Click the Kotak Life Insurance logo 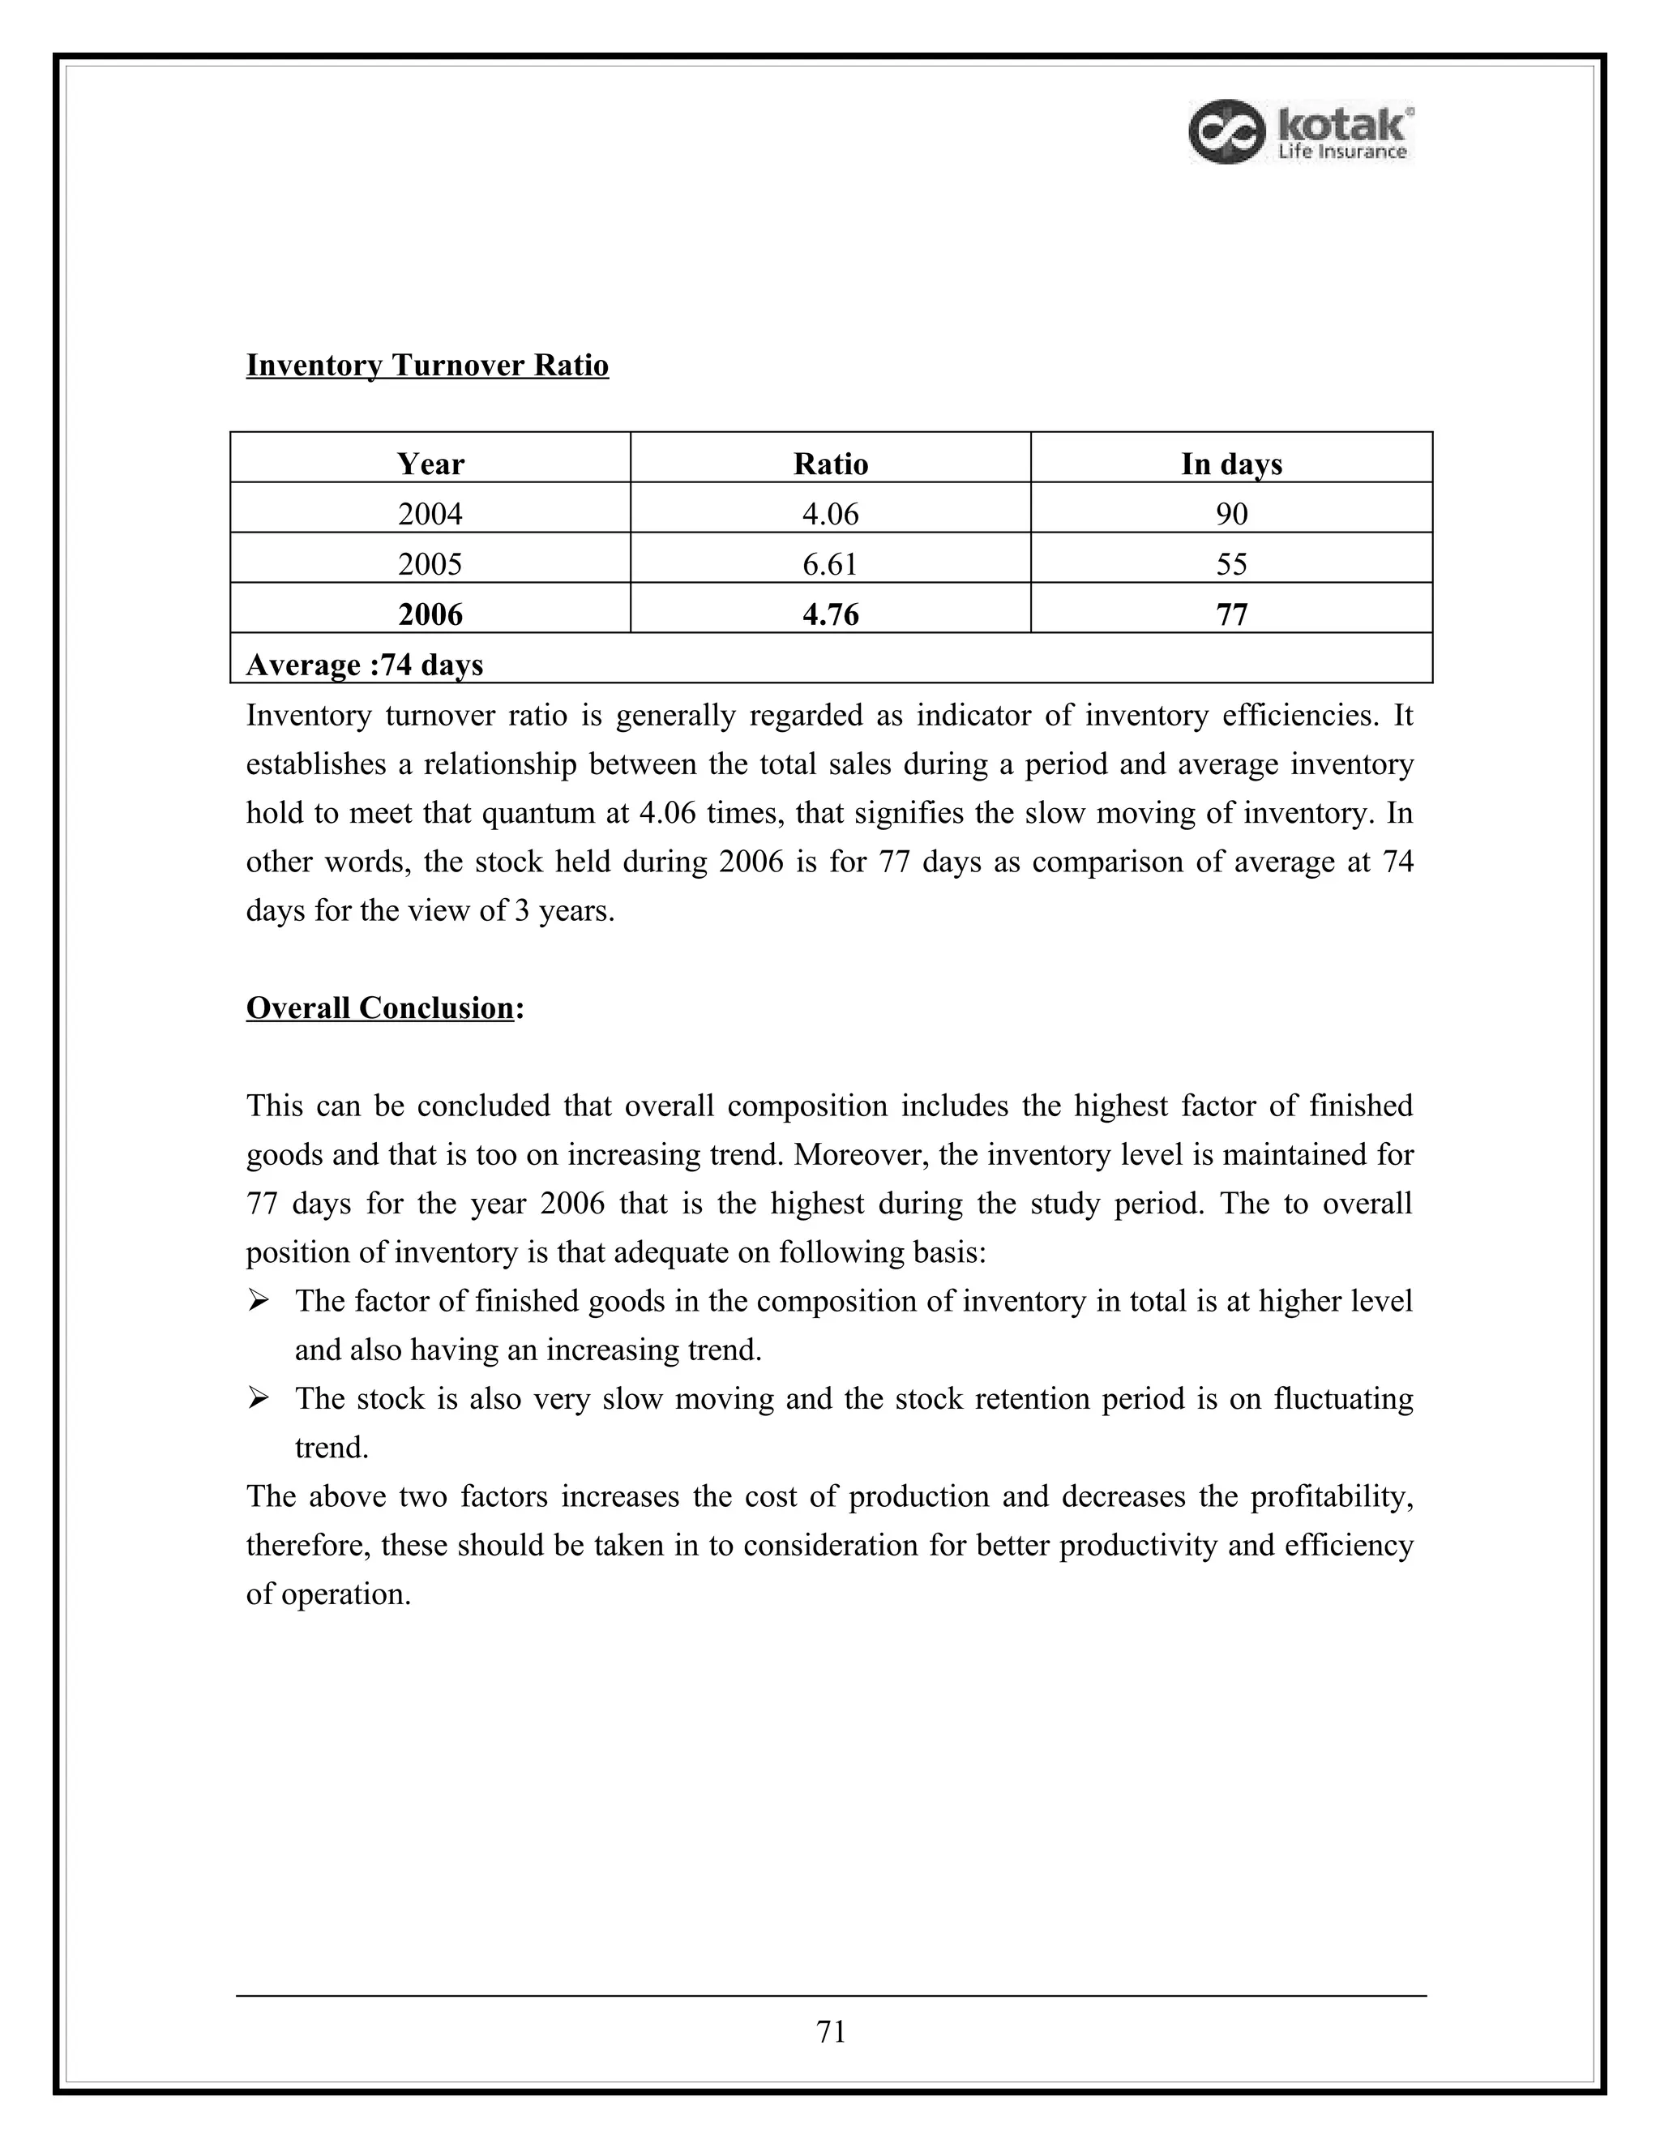[x=1300, y=132]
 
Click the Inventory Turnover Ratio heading [x=427, y=365]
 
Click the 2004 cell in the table [x=430, y=513]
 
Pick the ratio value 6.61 [x=830, y=563]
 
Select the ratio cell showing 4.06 [x=830, y=513]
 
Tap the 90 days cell [x=1231, y=513]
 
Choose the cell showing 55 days [x=1231, y=563]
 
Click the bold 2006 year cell [x=430, y=614]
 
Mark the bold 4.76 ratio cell [x=830, y=614]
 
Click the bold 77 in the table [x=1231, y=614]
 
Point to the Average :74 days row [x=365, y=665]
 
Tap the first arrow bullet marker [x=259, y=1301]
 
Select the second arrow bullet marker [x=259, y=1398]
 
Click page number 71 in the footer [x=831, y=2031]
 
